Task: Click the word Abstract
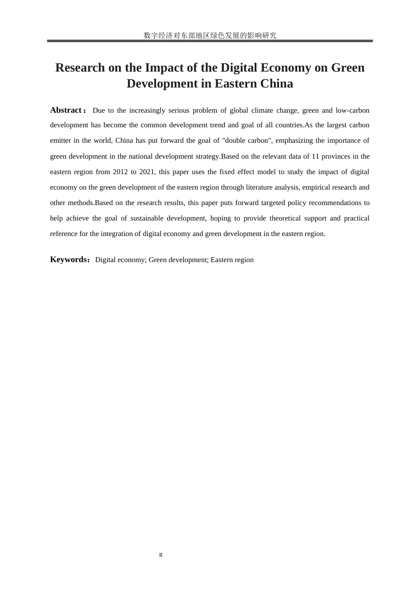[65, 110]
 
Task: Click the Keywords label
[69, 259]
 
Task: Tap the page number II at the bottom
[161, 555]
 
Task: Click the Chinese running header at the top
[210, 35]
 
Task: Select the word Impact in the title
[166, 68]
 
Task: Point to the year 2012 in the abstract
[120, 172]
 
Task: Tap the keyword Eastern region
[232, 260]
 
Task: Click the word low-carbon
[353, 110]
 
